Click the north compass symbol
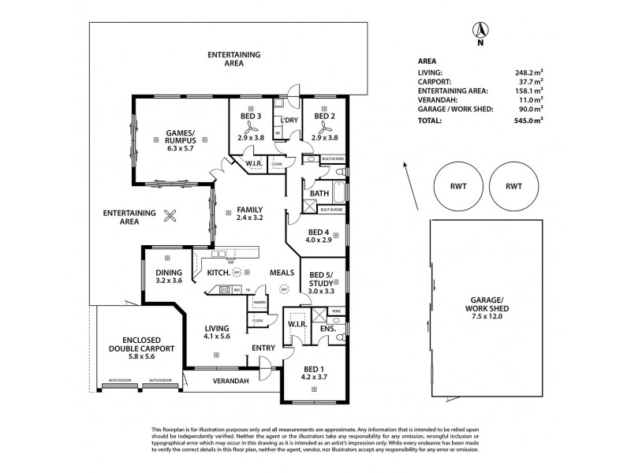pyautogui.click(x=478, y=32)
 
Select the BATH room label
pyautogui.click(x=319, y=193)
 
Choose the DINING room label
pyautogui.click(x=169, y=273)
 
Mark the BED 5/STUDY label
pyautogui.click(x=321, y=279)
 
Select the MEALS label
pyautogui.click(x=282, y=272)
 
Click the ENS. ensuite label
pyautogui.click(x=327, y=328)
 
